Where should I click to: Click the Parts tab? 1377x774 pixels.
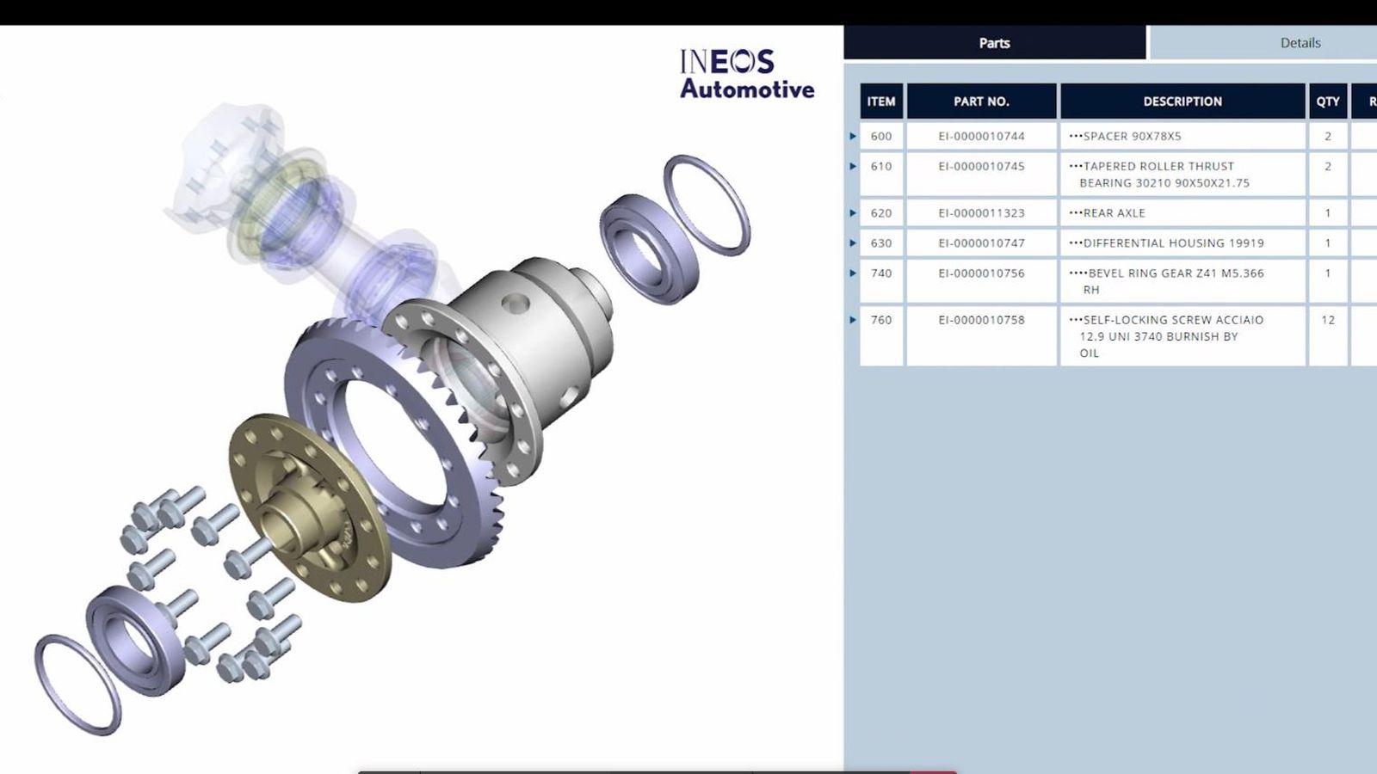click(994, 43)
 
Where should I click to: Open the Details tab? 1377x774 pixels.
click(1300, 43)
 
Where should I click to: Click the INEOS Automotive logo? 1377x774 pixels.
click(746, 74)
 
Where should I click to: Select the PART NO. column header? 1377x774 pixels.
click(981, 101)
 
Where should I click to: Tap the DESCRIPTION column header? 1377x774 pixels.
click(1182, 101)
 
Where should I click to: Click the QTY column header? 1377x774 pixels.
click(1327, 101)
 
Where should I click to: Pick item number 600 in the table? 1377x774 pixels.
click(881, 136)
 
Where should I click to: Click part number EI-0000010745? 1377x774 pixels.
click(981, 166)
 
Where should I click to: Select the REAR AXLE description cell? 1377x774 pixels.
click(1114, 213)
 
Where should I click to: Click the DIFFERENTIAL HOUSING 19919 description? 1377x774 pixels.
click(1173, 243)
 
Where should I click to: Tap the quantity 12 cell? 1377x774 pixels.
click(1327, 320)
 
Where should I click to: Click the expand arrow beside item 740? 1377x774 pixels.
click(853, 273)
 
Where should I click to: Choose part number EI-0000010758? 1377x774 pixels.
click(981, 320)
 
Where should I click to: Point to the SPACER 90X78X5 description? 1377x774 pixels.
click(1132, 136)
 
